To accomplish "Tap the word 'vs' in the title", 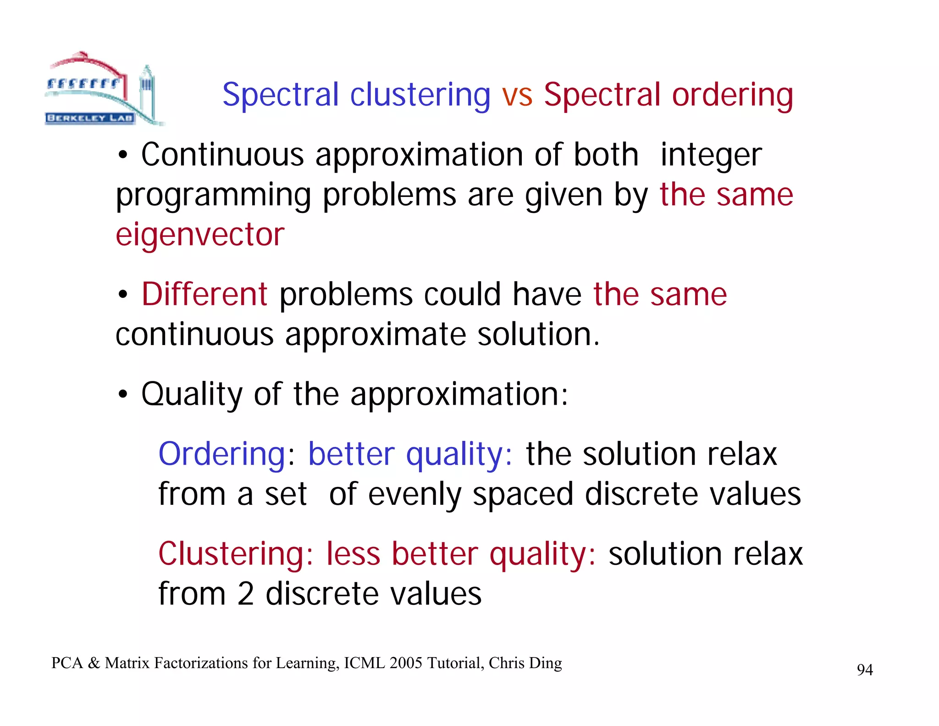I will (517, 95).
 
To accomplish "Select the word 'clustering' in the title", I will (420, 95).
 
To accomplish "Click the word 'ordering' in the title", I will (732, 95).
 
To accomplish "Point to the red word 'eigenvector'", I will (200, 235).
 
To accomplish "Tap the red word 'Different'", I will (204, 294).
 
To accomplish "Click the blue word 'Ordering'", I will (222, 454).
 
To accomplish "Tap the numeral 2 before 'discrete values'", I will (246, 594).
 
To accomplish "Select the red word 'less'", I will (353, 554).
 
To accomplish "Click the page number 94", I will (865, 670).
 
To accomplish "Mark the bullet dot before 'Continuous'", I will (122, 156).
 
